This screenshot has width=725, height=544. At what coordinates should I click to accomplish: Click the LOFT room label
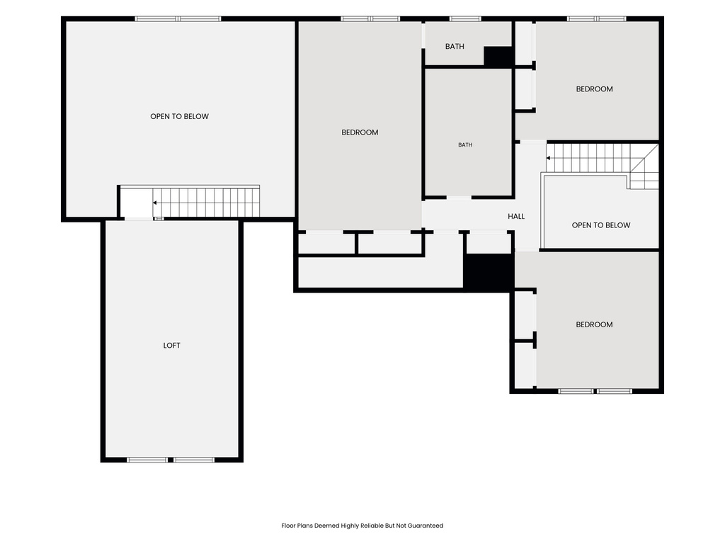(171, 345)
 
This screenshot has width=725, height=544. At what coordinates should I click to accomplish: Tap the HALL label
(516, 216)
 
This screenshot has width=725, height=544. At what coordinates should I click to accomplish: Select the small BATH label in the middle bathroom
(465, 144)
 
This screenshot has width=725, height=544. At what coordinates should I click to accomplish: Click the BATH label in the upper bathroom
(455, 46)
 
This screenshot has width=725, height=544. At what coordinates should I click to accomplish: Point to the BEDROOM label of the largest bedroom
(360, 132)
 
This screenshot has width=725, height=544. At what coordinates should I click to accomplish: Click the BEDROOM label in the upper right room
(594, 89)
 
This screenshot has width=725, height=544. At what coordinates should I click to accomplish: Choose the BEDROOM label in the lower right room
(594, 324)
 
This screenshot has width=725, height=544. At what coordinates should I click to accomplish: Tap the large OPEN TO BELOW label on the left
(179, 117)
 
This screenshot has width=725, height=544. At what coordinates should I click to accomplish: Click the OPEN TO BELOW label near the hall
(601, 225)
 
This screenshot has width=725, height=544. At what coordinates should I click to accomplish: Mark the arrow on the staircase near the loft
(155, 203)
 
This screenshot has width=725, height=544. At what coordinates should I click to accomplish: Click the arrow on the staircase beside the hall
(549, 158)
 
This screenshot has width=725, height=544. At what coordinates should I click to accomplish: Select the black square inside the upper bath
(498, 57)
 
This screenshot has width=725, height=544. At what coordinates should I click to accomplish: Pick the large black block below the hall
(489, 273)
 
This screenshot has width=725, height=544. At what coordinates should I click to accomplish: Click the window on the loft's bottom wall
(171, 460)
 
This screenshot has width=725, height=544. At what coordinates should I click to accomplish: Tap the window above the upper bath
(465, 19)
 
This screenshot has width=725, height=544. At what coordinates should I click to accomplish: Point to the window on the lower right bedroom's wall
(595, 391)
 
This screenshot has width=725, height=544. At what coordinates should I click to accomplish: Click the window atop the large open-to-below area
(178, 19)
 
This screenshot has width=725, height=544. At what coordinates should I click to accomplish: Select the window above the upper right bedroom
(596, 19)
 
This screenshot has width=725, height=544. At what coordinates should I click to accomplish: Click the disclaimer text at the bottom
(362, 526)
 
